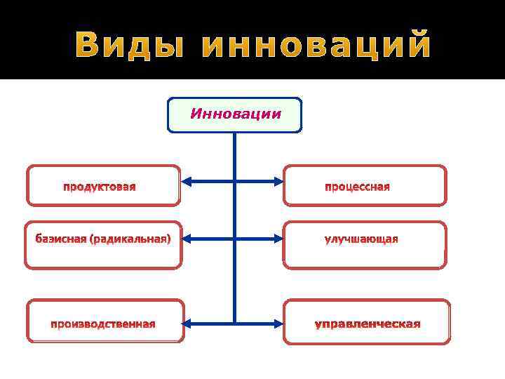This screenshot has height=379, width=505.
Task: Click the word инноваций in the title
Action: tap(316, 46)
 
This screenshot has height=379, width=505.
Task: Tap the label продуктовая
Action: tap(100, 187)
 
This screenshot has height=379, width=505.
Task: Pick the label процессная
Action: tap(357, 187)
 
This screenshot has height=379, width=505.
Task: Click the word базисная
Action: tap(61, 239)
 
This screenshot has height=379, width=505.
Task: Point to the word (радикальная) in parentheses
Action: tap(130, 239)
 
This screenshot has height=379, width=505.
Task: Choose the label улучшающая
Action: tap(361, 239)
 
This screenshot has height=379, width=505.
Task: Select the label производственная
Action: tap(102, 324)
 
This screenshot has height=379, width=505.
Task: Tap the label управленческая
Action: tap(368, 324)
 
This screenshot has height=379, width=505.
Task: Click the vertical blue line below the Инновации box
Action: tap(234, 211)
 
